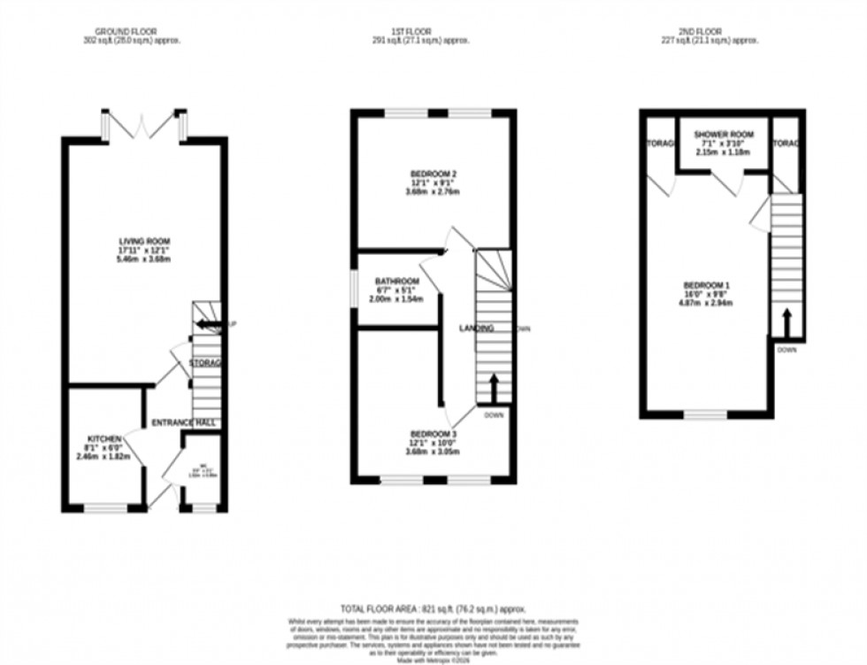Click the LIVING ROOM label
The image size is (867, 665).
(x=145, y=241)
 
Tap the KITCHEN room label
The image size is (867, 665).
(x=104, y=438)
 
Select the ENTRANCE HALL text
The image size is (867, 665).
(x=185, y=422)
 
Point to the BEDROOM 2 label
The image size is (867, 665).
(x=433, y=173)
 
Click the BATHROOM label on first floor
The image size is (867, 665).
(x=395, y=281)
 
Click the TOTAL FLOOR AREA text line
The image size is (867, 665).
(x=433, y=608)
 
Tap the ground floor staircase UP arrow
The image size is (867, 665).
(x=209, y=325)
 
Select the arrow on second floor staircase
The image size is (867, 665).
(x=786, y=321)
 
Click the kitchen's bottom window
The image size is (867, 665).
(x=106, y=508)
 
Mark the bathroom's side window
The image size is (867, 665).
(x=352, y=290)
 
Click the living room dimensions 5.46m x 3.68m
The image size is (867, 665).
(x=145, y=259)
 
